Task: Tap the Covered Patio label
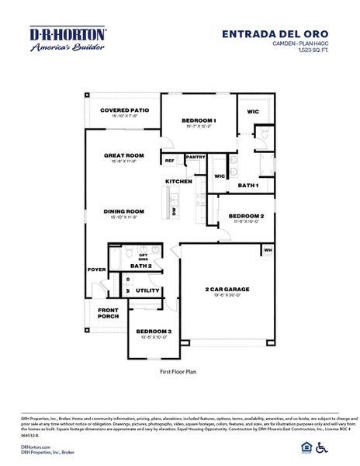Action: point(119,110)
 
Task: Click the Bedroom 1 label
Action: point(199,120)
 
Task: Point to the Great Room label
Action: point(124,155)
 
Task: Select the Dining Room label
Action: point(124,211)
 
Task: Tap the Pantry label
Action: point(195,157)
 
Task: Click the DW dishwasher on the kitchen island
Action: point(174,210)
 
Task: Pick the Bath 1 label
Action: point(247,186)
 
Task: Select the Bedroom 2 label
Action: point(246,216)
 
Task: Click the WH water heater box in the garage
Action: point(268,250)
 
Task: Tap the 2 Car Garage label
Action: point(227,290)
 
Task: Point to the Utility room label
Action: point(147,290)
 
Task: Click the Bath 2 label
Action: point(140,266)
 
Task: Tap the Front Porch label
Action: point(108,313)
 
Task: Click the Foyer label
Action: point(96,270)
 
